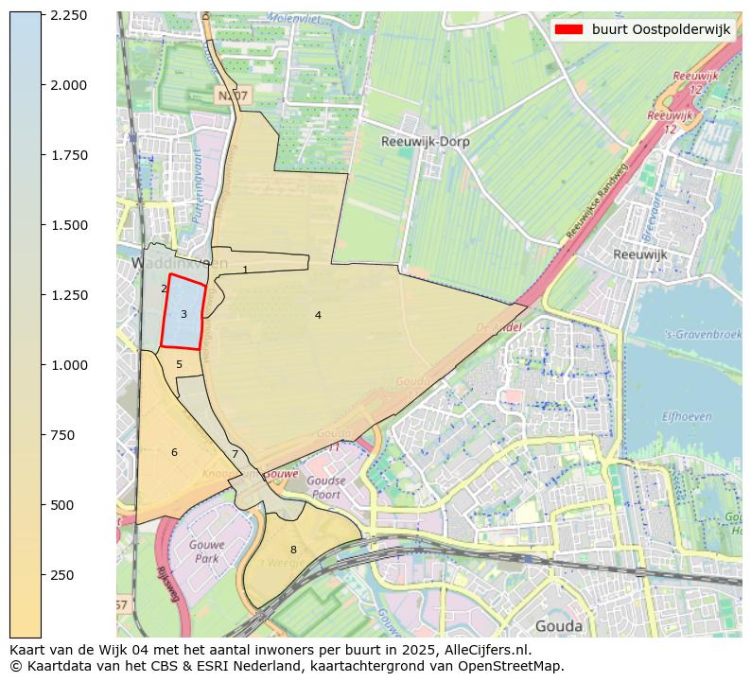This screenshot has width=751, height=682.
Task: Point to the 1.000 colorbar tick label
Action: (x=68, y=365)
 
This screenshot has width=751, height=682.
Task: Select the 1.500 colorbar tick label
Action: (x=68, y=225)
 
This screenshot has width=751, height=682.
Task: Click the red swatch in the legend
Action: (x=568, y=29)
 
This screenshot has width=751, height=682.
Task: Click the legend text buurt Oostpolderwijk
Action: (x=660, y=29)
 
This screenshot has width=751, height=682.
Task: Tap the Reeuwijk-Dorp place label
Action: (x=425, y=142)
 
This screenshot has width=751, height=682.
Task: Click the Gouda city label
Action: (x=558, y=626)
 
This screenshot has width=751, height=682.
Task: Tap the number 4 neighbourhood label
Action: (x=318, y=315)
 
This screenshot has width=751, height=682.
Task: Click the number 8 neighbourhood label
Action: (x=293, y=550)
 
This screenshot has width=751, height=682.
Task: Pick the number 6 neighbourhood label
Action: (x=174, y=453)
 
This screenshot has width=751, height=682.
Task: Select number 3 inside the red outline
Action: (x=183, y=314)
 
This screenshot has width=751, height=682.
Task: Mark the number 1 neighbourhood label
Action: (x=245, y=271)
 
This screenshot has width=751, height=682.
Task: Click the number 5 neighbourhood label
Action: (x=179, y=364)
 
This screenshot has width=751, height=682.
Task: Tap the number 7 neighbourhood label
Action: (x=235, y=455)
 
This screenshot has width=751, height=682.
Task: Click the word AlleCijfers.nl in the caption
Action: (x=482, y=651)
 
